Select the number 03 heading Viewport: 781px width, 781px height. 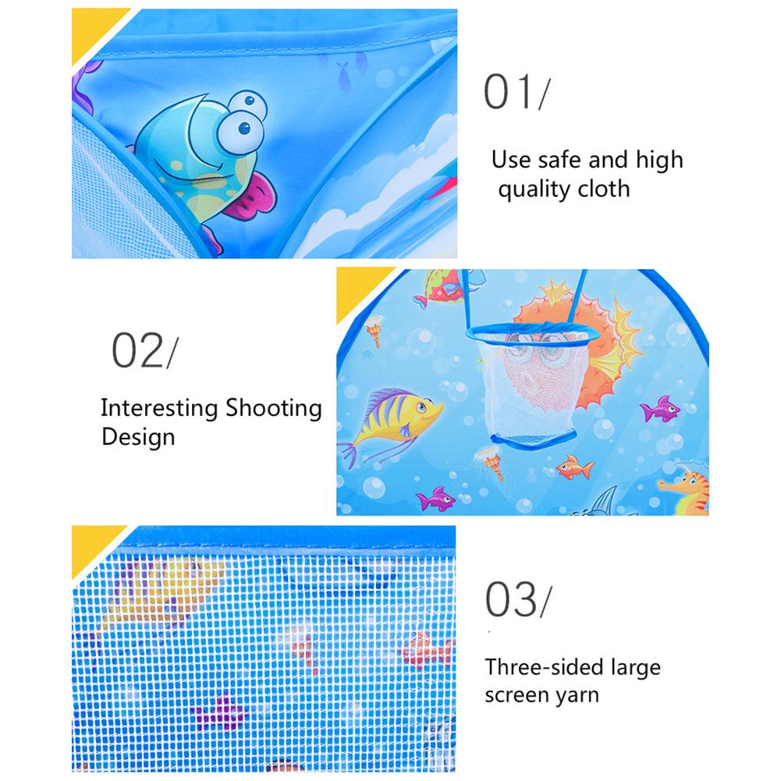511,599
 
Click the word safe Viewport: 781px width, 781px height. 559,160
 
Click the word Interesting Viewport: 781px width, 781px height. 159,408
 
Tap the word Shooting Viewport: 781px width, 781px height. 273,408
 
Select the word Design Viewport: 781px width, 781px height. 138,438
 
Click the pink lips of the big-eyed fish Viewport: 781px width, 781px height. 248,195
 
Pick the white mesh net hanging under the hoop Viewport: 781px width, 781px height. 532,389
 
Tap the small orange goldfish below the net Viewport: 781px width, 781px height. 574,467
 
